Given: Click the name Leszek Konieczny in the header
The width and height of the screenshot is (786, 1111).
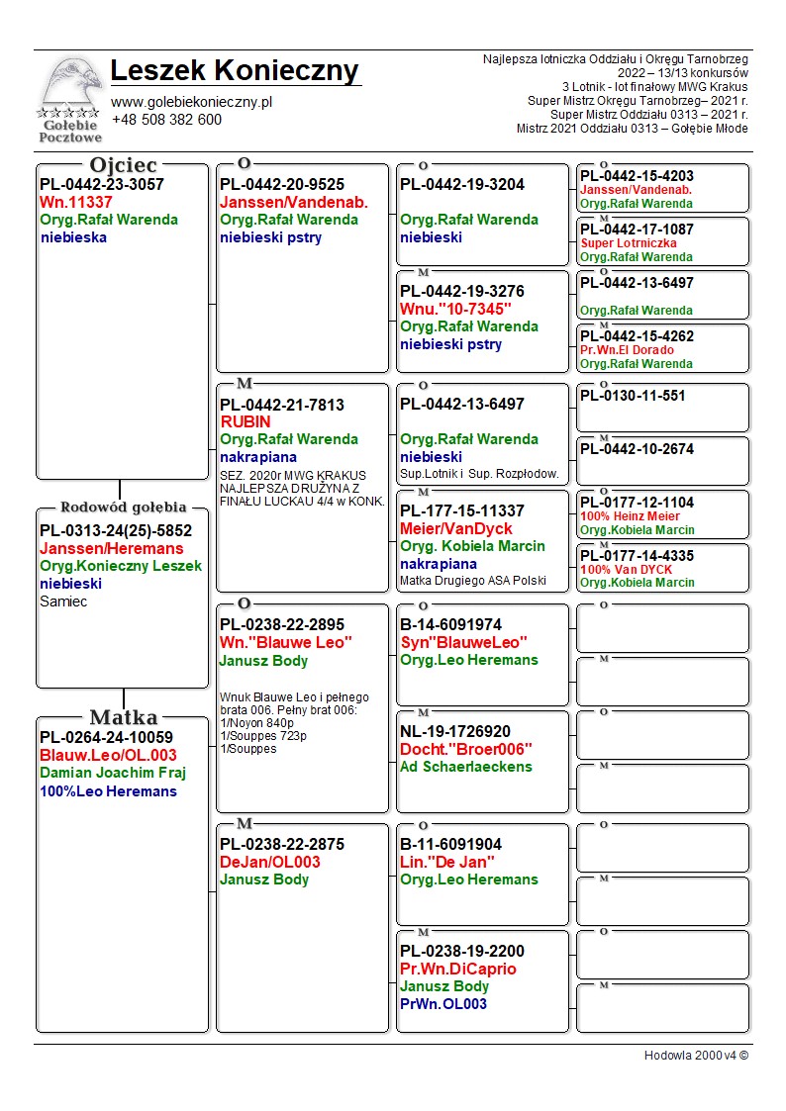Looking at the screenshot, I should (235, 71).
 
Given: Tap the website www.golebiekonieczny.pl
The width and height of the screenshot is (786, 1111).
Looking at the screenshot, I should (191, 102).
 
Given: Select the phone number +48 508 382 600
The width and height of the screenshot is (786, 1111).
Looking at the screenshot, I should (166, 120).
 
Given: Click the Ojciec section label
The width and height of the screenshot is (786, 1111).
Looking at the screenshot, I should (123, 165).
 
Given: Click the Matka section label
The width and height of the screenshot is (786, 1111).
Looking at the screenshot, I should (123, 717).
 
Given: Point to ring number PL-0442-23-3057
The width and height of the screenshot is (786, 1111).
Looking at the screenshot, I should (102, 184).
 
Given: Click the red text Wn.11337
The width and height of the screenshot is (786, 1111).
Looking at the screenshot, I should (76, 202).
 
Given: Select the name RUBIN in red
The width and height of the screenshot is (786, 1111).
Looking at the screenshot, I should (246, 421).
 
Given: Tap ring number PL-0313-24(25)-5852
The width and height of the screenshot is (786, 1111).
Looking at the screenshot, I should (116, 530).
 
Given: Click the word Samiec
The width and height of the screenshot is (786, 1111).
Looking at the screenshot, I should (63, 602).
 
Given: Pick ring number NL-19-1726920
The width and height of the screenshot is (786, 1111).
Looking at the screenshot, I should (455, 731).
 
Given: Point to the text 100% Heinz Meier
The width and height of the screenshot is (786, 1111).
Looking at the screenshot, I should (630, 516).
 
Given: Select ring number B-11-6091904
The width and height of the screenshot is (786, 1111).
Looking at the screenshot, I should (450, 844).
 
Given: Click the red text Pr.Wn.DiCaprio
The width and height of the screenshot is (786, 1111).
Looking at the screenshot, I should (458, 969).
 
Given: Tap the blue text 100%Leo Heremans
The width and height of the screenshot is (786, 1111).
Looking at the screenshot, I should (108, 791).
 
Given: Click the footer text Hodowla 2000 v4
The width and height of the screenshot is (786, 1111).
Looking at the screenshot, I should (696, 1055).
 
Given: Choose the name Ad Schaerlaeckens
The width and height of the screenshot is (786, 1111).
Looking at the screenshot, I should (466, 767).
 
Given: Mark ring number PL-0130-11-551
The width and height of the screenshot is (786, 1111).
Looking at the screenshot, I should (633, 396).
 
